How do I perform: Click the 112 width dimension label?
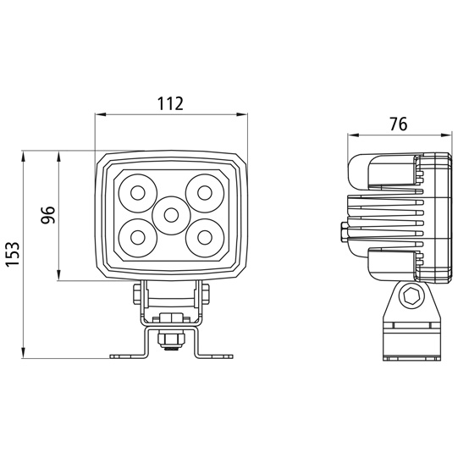coord(170,103)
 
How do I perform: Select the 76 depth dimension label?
coord(398,124)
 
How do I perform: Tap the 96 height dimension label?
coord(48,215)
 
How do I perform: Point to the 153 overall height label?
coord(13,254)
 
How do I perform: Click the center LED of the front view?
coord(171,215)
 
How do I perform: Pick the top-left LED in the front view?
coord(138,193)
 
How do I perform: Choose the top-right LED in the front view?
coord(205,193)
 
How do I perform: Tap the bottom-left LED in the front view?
coord(138,238)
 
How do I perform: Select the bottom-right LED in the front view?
coord(205,238)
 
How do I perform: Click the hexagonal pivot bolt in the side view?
coord(411,296)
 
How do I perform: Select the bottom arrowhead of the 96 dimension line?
coord(58,275)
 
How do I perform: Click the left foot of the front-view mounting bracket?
coord(128,356)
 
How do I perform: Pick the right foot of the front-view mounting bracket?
coord(214,356)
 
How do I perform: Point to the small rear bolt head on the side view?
coord(344,232)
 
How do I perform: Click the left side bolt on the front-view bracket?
coord(137,294)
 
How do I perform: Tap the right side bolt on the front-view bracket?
coord(205,294)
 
